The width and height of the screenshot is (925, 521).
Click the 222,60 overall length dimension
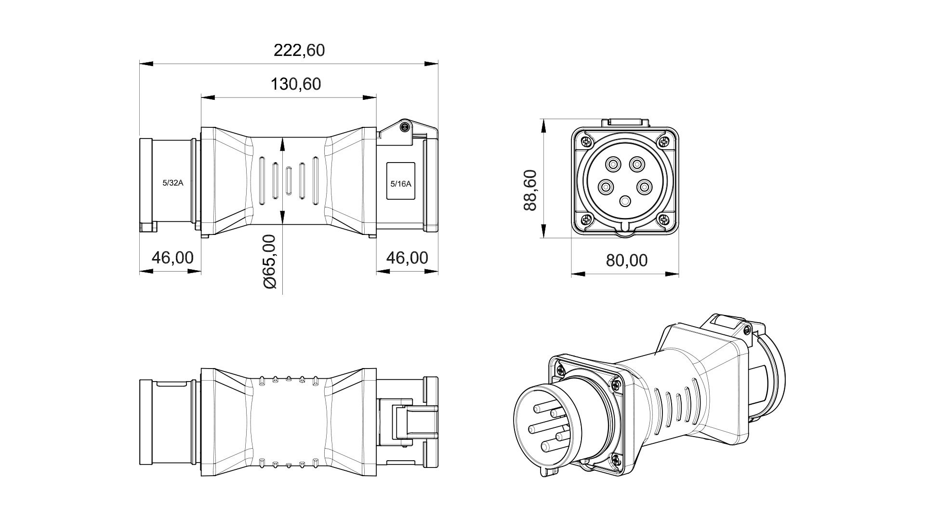[299, 50]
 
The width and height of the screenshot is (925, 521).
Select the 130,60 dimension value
[295, 84]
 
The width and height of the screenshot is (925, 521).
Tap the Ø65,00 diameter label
[270, 261]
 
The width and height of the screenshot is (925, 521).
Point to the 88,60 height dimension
[530, 190]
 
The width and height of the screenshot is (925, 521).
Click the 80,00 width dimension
[626, 260]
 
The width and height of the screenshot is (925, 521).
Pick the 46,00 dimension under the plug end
[172, 258]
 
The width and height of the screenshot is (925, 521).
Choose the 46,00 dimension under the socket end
[407, 258]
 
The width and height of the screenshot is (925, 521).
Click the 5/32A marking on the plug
[172, 183]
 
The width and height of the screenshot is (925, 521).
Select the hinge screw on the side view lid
[405, 127]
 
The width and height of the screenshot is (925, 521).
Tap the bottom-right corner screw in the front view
[664, 220]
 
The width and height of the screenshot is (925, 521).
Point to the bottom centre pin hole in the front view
[625, 202]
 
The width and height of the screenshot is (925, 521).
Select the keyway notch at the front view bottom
[625, 229]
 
